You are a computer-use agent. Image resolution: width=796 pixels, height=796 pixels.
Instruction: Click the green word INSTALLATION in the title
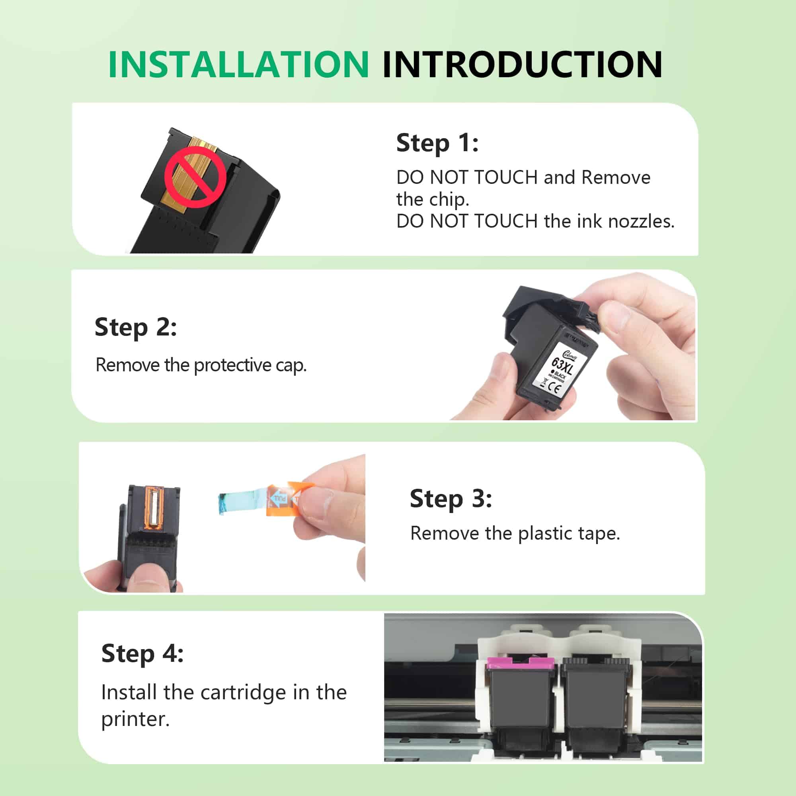(x=238, y=65)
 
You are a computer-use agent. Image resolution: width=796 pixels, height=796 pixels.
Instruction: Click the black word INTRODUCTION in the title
(x=522, y=65)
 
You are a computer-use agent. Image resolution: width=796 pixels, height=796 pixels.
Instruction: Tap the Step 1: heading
(x=437, y=143)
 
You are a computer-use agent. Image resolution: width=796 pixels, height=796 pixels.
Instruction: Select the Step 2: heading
(x=136, y=327)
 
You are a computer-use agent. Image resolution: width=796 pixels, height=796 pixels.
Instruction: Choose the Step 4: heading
(x=142, y=654)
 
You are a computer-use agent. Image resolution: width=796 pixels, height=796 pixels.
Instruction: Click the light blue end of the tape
(x=231, y=503)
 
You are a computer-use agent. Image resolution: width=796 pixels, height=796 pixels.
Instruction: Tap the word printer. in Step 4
(x=135, y=719)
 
